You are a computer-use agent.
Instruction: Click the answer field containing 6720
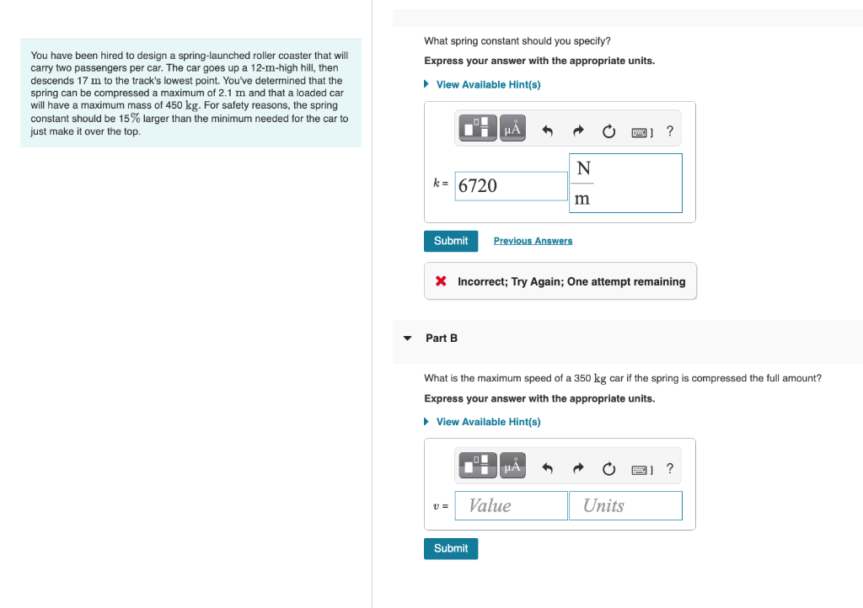(x=511, y=186)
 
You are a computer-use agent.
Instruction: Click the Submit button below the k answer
(x=451, y=241)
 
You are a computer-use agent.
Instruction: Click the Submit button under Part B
(x=451, y=548)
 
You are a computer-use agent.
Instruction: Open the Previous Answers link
(x=533, y=241)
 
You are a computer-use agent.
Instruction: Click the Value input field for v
(x=511, y=505)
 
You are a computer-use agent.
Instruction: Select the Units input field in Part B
(x=625, y=505)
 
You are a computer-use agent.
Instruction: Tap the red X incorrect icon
(x=441, y=281)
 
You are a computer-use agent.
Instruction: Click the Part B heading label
(x=442, y=338)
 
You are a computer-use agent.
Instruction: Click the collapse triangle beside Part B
(x=407, y=339)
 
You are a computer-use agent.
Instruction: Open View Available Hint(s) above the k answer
(x=488, y=84)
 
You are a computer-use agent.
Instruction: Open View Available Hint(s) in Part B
(x=488, y=421)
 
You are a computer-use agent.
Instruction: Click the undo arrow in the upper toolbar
(x=547, y=131)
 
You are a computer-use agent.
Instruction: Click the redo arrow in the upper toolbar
(x=578, y=131)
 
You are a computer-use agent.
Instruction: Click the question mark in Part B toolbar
(x=670, y=468)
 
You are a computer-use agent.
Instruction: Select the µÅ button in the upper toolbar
(x=513, y=129)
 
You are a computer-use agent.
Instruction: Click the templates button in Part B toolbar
(x=477, y=464)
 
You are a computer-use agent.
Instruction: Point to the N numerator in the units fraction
(x=582, y=169)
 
